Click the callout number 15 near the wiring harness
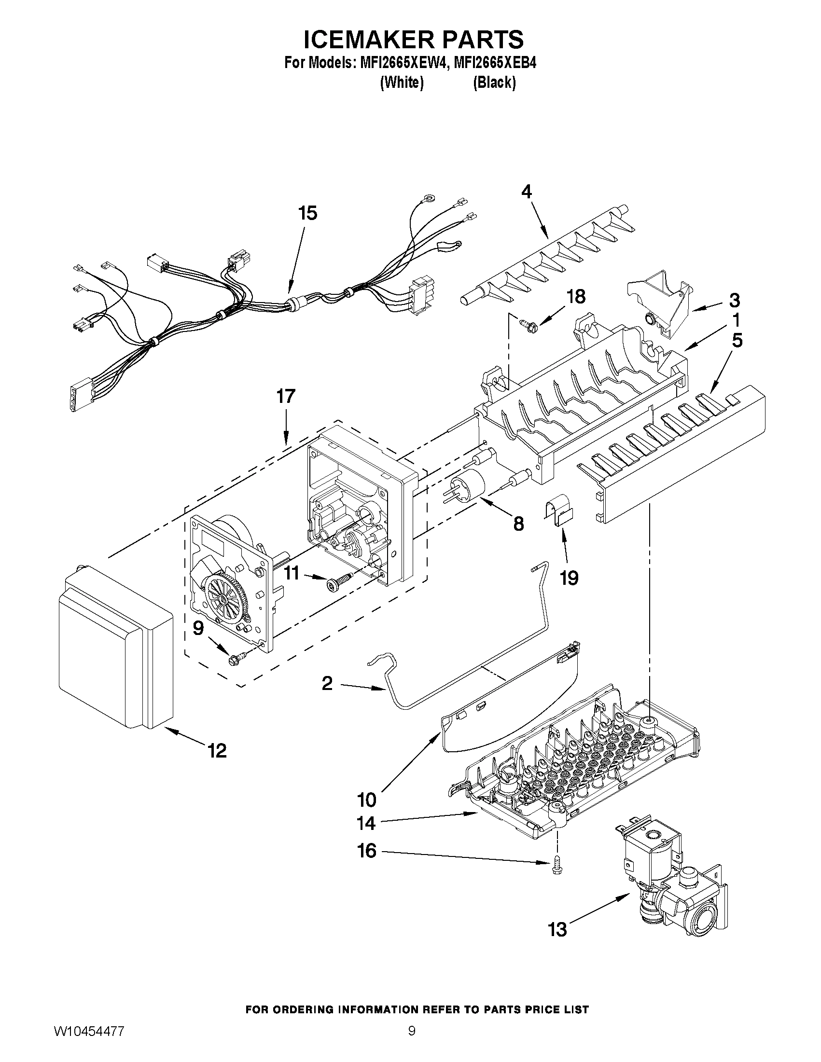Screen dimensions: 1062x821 point(308,213)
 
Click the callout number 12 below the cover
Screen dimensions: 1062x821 point(217,751)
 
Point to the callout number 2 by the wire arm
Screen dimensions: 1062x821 point(327,684)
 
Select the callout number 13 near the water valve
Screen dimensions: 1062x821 point(557,930)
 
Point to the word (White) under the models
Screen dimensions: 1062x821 point(401,83)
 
